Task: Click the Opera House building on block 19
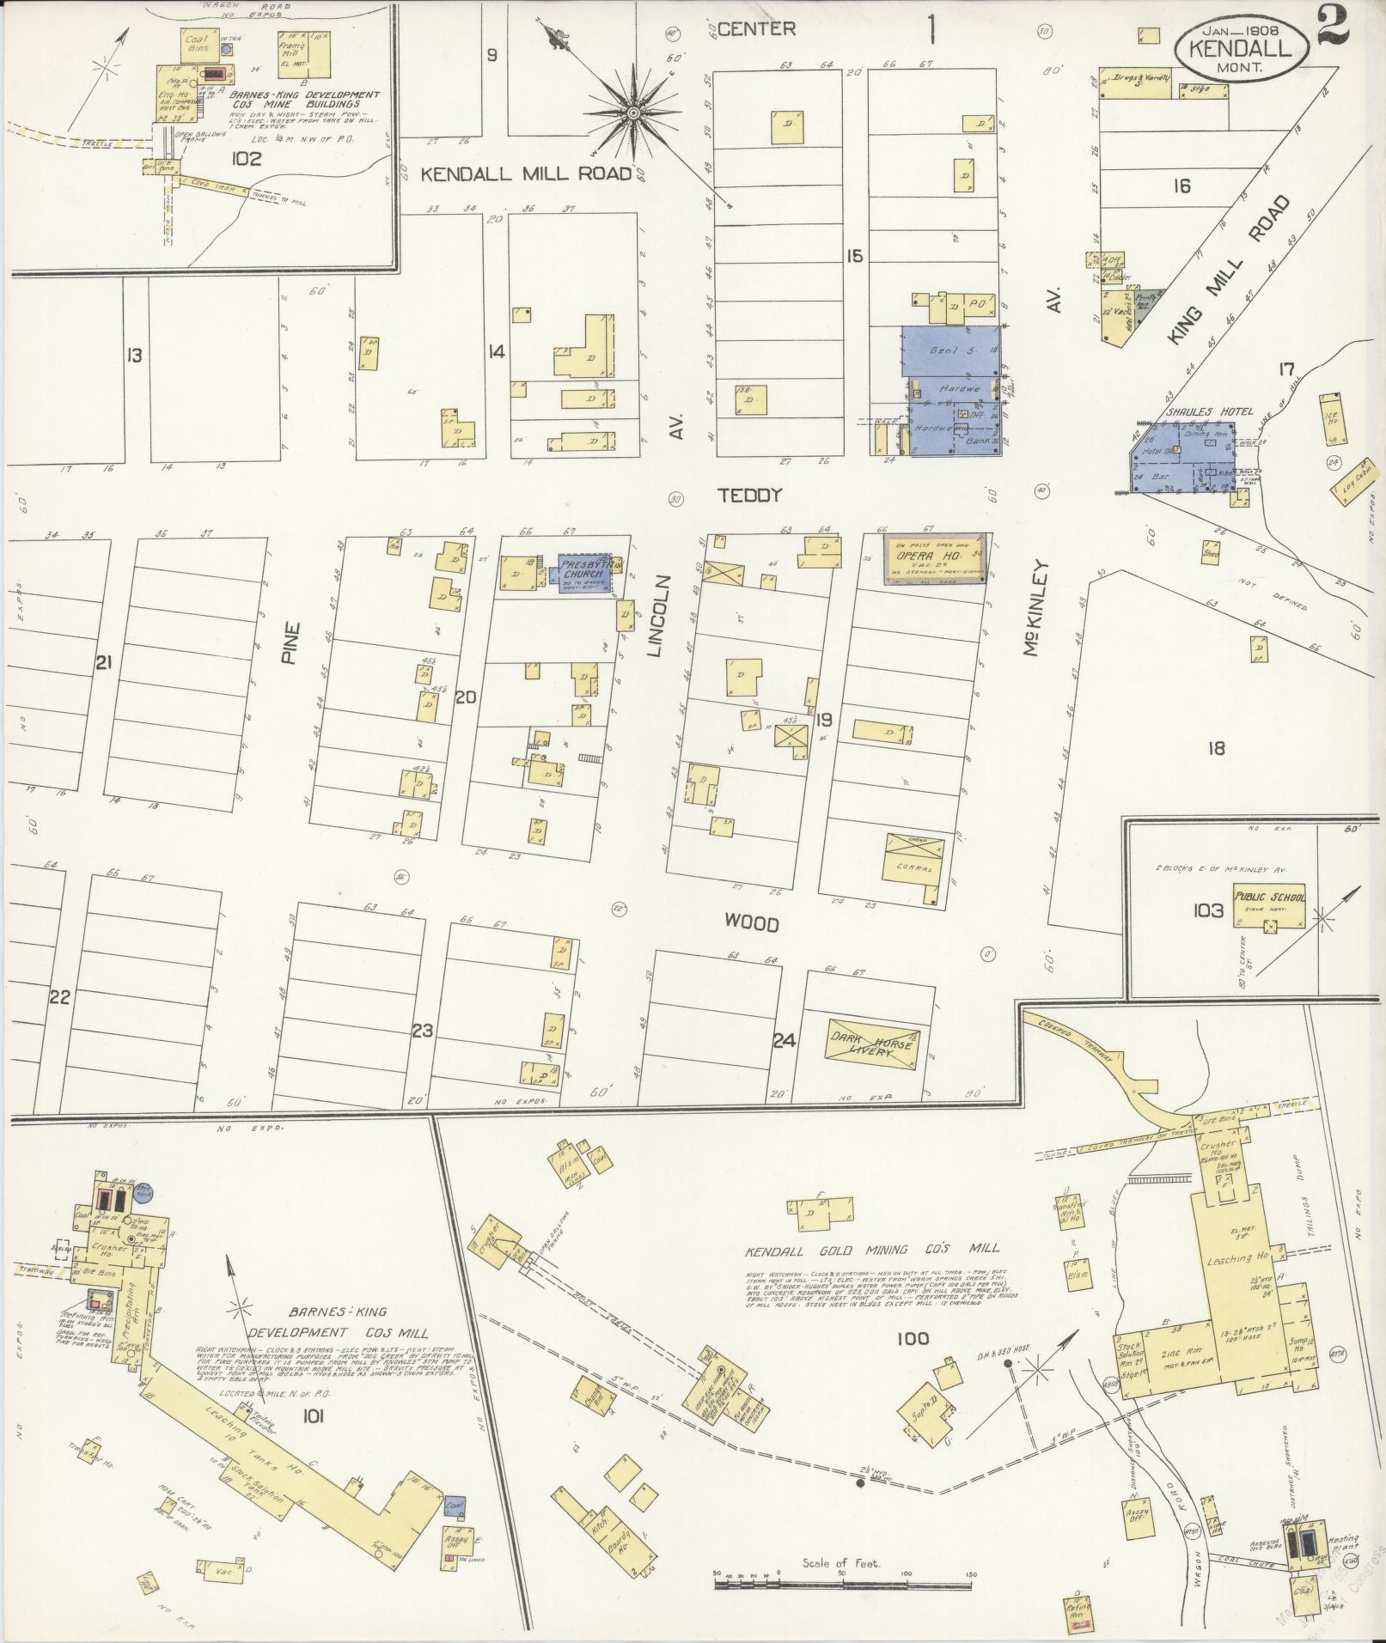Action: (x=937, y=561)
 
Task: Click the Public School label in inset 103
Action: (x=1270, y=897)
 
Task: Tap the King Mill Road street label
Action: (x=1230, y=271)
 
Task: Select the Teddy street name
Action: (x=750, y=495)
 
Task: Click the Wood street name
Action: (x=751, y=924)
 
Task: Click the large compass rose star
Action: (x=633, y=113)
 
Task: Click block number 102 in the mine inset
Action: (x=246, y=159)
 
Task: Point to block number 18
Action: (x=1215, y=748)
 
